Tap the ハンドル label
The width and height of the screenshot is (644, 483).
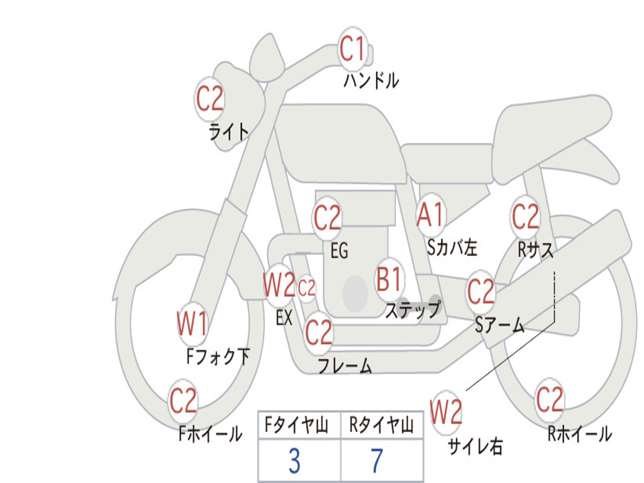point(370,80)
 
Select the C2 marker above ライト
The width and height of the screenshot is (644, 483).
point(209,99)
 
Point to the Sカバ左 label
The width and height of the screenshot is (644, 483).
point(452,247)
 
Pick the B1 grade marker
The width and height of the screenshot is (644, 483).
point(390,279)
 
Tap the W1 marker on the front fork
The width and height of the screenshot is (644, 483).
point(192,325)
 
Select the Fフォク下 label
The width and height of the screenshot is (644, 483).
point(218,357)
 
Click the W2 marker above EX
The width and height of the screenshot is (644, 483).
point(279,286)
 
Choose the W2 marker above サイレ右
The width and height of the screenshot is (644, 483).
point(447,413)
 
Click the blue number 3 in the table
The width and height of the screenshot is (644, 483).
point(294,461)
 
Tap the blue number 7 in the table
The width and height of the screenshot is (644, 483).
point(377,461)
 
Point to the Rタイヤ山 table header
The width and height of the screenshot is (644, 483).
point(381,426)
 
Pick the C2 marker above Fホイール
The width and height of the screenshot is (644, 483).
point(183,400)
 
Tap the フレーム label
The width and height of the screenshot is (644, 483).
point(344,365)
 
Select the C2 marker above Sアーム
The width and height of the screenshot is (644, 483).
point(481,292)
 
